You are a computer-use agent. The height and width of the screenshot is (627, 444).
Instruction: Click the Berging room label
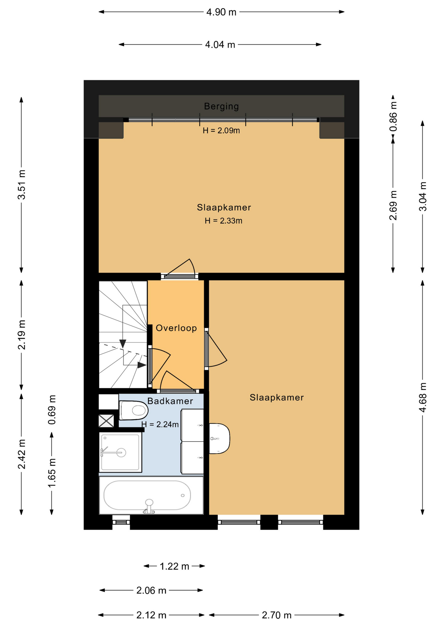tap(221, 106)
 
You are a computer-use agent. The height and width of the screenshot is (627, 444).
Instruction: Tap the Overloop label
tap(176, 328)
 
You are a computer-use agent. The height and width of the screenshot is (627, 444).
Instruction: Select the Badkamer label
tap(170, 401)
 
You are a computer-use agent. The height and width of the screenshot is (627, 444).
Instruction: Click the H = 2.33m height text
tap(223, 221)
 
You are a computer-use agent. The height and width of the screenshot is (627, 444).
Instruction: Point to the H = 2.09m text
tap(221, 131)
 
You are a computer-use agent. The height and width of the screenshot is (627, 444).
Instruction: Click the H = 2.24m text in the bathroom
tap(160, 424)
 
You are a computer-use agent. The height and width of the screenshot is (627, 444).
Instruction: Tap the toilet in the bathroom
tap(133, 410)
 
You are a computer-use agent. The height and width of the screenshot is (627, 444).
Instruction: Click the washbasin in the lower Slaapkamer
tap(219, 439)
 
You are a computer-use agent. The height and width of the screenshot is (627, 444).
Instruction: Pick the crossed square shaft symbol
tap(106, 421)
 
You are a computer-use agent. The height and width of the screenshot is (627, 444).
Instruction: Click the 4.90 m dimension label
tap(221, 12)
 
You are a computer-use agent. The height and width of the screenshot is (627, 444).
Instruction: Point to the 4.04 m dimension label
tap(220, 44)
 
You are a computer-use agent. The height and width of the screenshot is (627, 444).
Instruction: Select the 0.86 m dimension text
tap(393, 117)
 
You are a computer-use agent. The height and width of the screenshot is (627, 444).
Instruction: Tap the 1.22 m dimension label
tap(174, 566)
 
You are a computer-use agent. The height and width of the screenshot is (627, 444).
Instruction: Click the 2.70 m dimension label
tap(277, 615)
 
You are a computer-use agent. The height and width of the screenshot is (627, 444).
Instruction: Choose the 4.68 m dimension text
tap(423, 397)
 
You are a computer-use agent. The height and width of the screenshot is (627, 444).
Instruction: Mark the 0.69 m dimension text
tap(52, 410)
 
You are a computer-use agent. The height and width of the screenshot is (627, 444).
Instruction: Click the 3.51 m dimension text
tap(22, 185)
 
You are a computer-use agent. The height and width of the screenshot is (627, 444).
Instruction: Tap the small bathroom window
tap(121, 522)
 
